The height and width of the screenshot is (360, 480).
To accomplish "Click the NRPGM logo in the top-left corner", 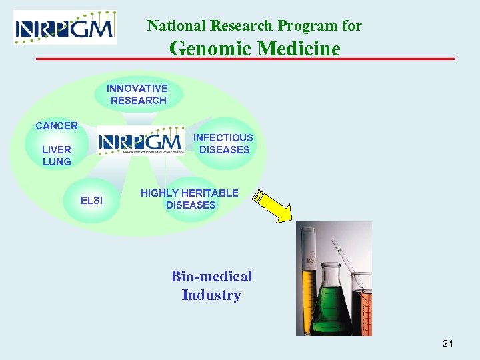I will (65, 27).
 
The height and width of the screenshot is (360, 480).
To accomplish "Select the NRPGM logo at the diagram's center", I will (141, 141).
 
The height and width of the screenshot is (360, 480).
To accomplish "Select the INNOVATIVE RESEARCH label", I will (137, 94).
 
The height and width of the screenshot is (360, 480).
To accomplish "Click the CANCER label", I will (57, 125).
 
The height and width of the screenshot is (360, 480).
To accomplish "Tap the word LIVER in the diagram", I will (57, 149).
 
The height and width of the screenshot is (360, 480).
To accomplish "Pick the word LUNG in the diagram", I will (57, 161).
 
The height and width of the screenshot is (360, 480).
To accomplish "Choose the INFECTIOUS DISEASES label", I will (223, 143).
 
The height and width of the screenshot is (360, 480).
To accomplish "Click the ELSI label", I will (91, 199).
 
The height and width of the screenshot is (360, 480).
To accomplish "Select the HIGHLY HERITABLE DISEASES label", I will (189, 199).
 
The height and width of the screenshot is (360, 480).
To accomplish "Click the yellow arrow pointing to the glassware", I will (274, 207).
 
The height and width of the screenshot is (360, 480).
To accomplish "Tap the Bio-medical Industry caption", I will (211, 285).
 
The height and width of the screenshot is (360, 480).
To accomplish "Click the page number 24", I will (447, 343).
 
